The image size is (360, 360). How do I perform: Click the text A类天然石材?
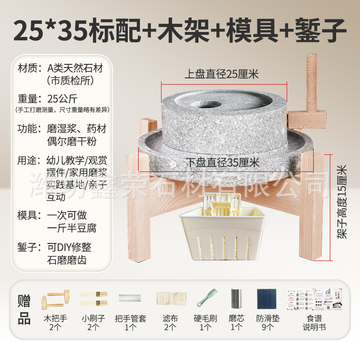click(75, 69)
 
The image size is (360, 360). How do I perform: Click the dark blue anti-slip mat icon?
click(268, 298)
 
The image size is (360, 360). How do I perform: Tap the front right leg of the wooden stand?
click(312, 211)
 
